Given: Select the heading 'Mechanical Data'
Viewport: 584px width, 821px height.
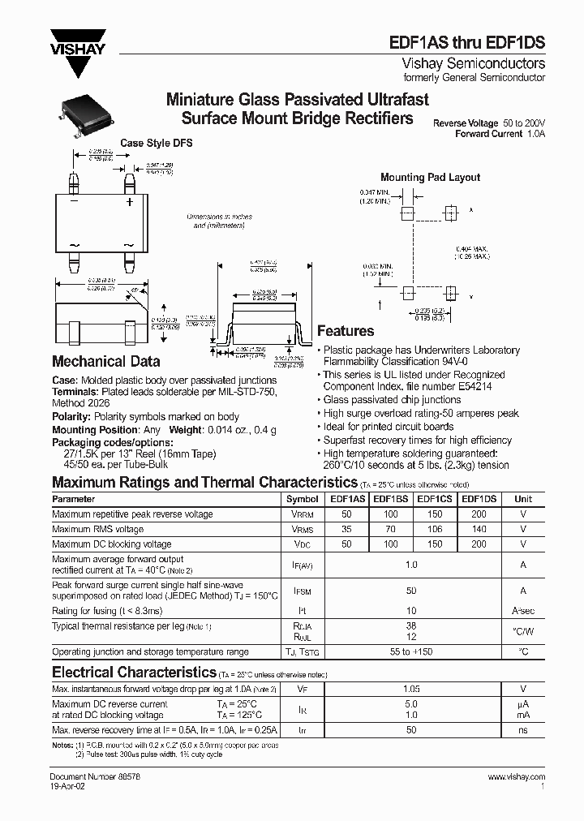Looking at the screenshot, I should point(105,362).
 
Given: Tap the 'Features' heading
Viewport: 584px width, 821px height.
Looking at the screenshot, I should point(346,331).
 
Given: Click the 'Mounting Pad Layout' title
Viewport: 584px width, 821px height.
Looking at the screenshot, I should point(430,177).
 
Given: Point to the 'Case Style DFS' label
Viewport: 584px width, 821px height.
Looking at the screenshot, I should point(157,144).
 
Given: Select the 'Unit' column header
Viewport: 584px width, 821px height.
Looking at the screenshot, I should point(523,500).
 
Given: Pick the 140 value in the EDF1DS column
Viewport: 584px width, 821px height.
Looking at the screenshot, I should point(479,529).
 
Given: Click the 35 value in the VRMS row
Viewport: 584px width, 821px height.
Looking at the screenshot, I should point(346,529).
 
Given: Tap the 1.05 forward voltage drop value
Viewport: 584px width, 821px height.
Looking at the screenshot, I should point(412,688).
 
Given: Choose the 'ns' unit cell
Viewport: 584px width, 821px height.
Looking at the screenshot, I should point(523,730).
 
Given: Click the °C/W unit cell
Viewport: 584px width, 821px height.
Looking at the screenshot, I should point(523,631).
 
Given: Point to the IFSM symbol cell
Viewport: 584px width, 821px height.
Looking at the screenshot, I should point(303,591).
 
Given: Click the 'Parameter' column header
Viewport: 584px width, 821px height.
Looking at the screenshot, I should point(74,500).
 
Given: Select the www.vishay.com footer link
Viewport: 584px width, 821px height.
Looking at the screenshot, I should point(516,777).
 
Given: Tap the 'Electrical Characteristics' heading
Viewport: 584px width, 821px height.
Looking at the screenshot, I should point(133,673).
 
